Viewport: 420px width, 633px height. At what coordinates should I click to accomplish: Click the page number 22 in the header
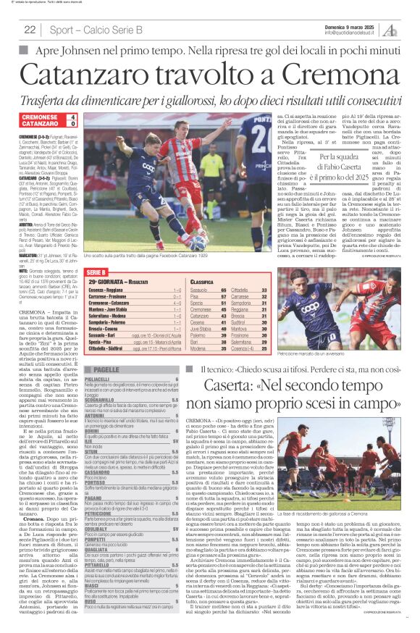(30, 30)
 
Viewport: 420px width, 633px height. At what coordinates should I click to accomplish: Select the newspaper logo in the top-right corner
(389, 29)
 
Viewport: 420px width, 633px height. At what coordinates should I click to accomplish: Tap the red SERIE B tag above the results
(97, 269)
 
